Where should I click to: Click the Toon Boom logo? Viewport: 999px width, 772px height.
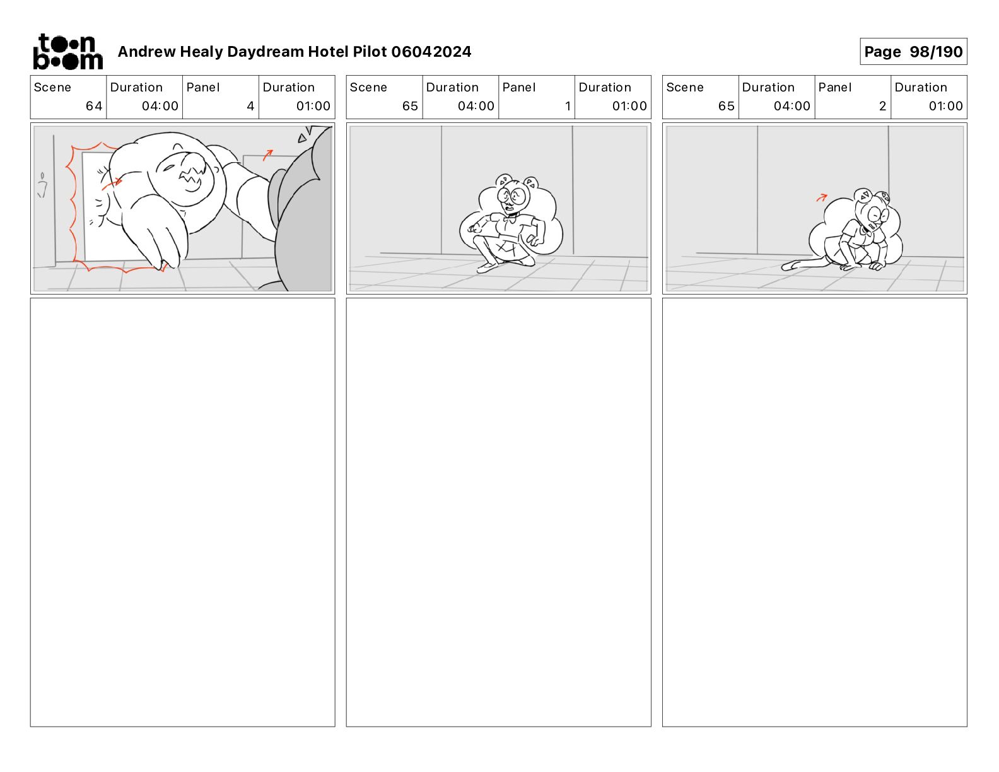pos(67,52)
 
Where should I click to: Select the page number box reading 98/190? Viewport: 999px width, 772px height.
pos(913,52)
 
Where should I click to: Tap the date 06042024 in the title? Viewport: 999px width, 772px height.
pos(431,52)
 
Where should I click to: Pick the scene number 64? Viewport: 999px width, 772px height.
pos(94,106)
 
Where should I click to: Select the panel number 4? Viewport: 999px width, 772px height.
pos(250,106)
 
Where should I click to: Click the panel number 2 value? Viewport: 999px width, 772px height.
pos(882,106)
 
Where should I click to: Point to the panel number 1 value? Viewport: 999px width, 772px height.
pos(568,106)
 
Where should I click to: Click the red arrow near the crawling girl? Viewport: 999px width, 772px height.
pos(821,197)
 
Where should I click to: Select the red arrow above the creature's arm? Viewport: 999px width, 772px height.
pos(268,155)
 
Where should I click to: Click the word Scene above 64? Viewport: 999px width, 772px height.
pos(52,88)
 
